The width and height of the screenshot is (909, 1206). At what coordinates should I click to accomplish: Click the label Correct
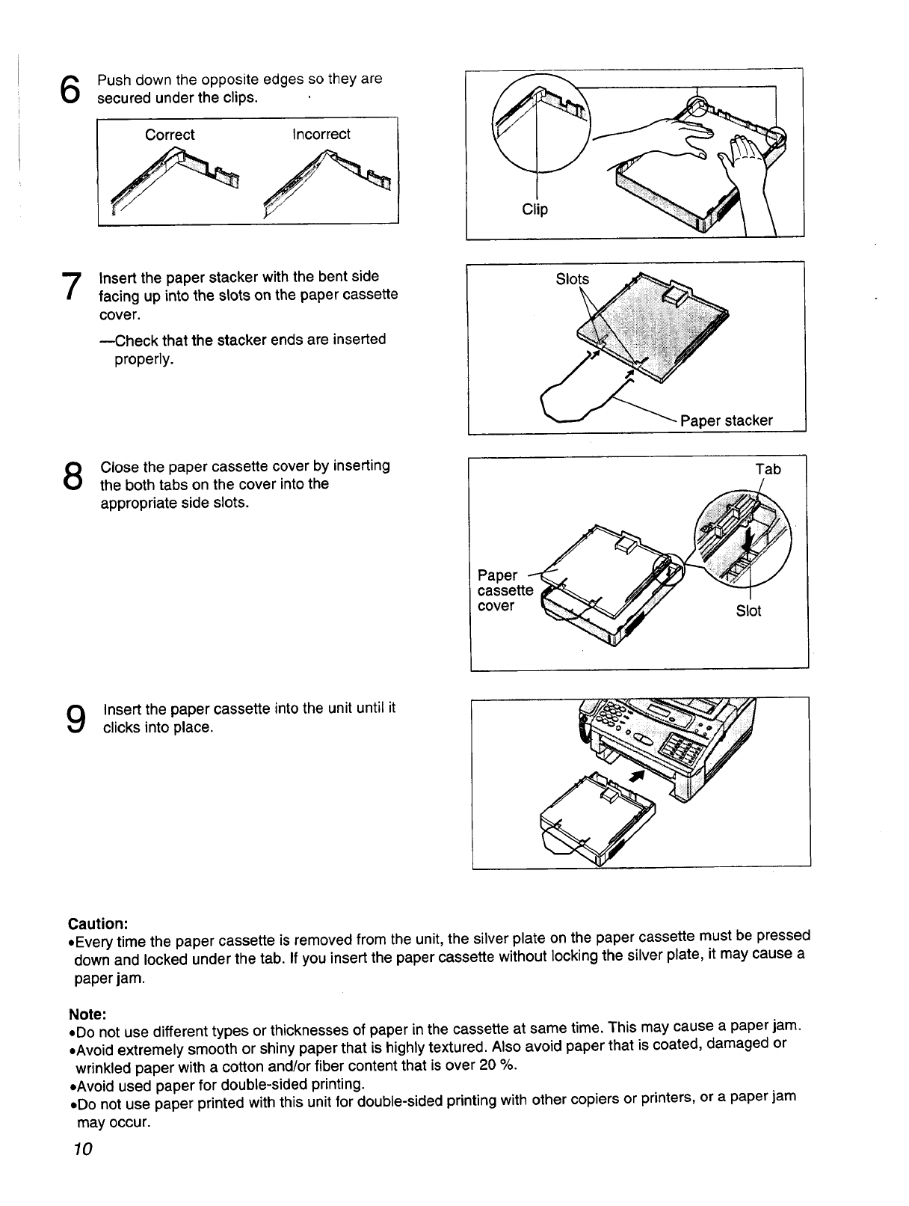pyautogui.click(x=170, y=135)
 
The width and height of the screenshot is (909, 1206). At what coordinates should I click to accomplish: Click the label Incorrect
pyautogui.click(x=321, y=135)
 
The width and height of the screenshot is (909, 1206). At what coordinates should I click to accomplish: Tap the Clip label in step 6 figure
pyautogui.click(x=534, y=209)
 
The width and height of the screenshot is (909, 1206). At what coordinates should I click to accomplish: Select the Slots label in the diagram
pyautogui.click(x=572, y=279)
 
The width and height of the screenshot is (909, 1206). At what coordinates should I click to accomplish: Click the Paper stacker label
pyautogui.click(x=726, y=420)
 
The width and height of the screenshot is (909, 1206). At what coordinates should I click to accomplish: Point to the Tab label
pyautogui.click(x=768, y=469)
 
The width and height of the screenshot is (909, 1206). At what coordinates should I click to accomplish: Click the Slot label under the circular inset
pyautogui.click(x=748, y=611)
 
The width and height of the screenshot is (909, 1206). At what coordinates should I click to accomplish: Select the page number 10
pyautogui.click(x=82, y=1149)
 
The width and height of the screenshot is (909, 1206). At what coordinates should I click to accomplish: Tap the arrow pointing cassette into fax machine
pyautogui.click(x=638, y=775)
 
